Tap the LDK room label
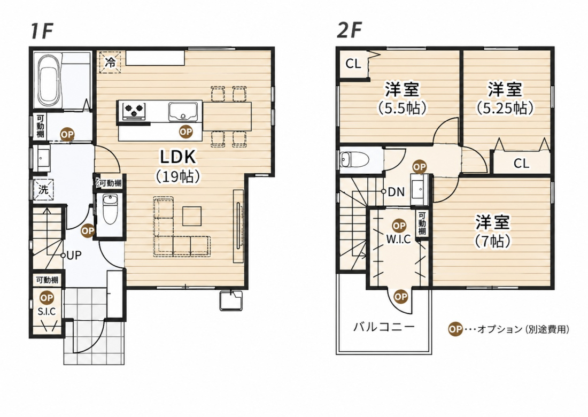pos(178,157)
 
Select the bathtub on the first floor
pos(48,80)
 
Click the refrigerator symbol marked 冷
pos(110,62)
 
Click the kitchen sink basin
pos(183,112)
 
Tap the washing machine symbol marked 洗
pos(43,189)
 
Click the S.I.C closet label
pos(47,311)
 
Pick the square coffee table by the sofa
pos(191,217)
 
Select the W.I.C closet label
pos(398,239)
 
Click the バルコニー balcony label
pos(384,327)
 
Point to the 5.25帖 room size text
pos(505,109)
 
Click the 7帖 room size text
pos(493,241)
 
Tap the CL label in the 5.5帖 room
pos(353,64)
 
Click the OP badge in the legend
pos(455,329)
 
